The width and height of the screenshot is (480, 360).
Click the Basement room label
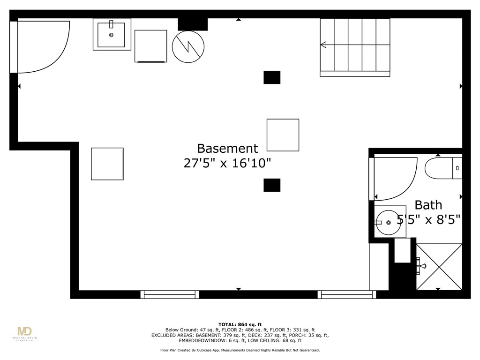coord(227,149)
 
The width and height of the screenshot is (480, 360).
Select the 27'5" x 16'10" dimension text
coord(227,163)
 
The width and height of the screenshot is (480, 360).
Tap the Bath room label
coord(428,205)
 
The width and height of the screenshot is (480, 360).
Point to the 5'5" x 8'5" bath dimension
coord(428,219)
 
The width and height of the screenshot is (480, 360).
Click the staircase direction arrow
coord(323,45)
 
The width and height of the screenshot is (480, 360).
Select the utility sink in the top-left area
coord(112,34)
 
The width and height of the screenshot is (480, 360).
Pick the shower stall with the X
coord(439,266)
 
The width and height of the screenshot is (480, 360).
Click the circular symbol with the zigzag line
coord(188,46)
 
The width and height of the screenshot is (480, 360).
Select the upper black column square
coord(272,77)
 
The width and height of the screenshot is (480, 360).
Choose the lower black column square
coord(272,185)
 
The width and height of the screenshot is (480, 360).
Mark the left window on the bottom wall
coord(170,294)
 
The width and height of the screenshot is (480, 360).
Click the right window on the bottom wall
coord(347,294)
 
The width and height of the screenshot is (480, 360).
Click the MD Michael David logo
coord(24,333)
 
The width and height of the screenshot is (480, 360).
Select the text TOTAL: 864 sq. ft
coord(240,324)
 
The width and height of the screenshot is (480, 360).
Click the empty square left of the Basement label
coord(107,164)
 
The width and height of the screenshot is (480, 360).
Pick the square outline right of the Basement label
coord(283,135)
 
